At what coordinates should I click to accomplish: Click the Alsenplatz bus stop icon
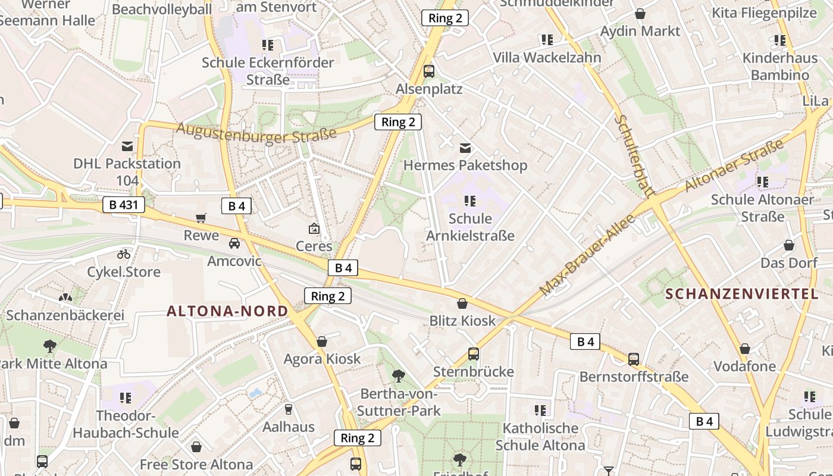[428, 71]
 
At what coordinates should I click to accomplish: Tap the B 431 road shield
[124, 205]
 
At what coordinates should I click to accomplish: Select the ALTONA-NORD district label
[227, 311]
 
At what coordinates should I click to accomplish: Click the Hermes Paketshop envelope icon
[465, 148]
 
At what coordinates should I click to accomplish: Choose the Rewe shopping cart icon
[201, 218]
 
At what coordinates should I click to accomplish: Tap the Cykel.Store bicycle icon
[124, 254]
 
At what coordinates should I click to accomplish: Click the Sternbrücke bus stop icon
[473, 354]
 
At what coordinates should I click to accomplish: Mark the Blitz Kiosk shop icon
[462, 303]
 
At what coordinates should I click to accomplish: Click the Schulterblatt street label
[634, 155]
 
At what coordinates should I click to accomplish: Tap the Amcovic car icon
[234, 243]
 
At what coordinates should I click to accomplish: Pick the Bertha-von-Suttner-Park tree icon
[399, 375]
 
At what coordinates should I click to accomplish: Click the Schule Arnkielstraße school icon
[470, 201]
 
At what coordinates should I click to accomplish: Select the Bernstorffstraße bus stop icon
[634, 359]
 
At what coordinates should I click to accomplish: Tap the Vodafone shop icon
[744, 349]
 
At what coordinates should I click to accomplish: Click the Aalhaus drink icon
[289, 409]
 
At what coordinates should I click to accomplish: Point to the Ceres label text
[314, 246]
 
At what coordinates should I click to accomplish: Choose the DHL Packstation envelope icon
[127, 146]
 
